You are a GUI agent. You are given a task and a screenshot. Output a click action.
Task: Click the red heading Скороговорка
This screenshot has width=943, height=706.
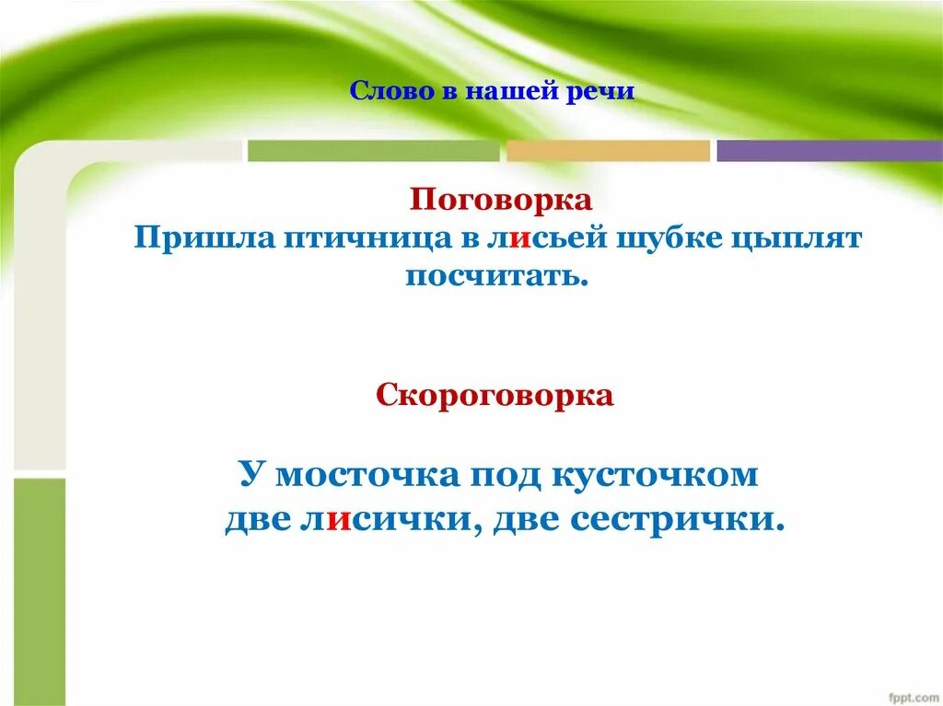495,396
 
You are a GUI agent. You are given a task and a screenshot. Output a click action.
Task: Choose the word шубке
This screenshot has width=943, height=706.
665,238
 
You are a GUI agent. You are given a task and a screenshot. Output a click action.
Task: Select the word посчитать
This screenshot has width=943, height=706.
496,275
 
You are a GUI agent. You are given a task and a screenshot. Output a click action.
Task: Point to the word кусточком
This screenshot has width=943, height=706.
655,476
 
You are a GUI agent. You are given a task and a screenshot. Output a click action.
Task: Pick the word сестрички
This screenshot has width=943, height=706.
677,520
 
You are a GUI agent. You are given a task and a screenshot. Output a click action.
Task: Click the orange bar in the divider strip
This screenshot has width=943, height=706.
608,151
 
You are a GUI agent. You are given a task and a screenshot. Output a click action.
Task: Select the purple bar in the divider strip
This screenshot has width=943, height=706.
829,151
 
